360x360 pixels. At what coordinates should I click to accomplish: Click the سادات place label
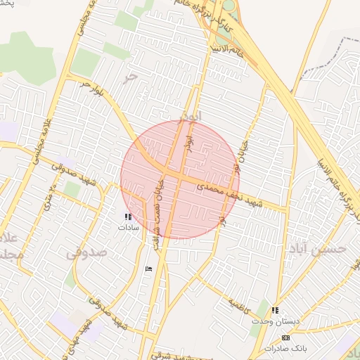tap(129, 228)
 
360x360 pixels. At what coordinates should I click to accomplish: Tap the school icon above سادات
tap(128, 217)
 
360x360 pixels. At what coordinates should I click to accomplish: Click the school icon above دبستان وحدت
tap(275, 310)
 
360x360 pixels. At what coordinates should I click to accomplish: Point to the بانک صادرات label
tap(285, 348)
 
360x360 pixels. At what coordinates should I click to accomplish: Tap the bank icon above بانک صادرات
tap(285, 338)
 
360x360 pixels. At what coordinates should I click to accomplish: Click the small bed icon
tap(148, 269)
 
